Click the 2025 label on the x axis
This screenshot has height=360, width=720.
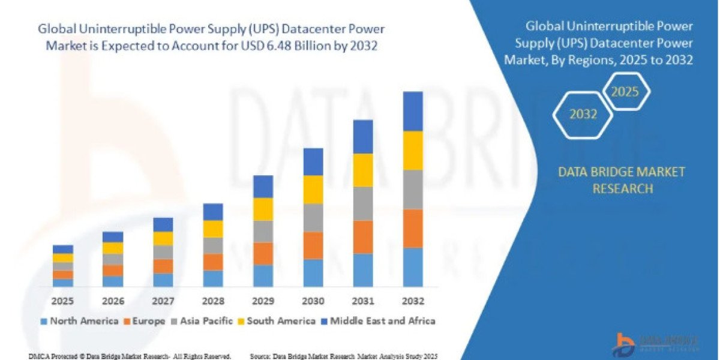(x=63, y=300)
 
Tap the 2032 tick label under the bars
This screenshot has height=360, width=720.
(x=413, y=300)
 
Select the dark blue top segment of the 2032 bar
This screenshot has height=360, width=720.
(x=413, y=111)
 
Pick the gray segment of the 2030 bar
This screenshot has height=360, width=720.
(x=313, y=218)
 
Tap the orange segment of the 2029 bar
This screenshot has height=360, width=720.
(x=263, y=254)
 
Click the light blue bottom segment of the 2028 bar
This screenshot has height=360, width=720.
(x=213, y=278)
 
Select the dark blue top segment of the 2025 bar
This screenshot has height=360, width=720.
(x=63, y=249)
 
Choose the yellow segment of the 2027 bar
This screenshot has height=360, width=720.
(x=163, y=238)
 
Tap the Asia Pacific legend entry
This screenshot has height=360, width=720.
(x=200, y=321)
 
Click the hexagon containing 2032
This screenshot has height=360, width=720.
(x=583, y=114)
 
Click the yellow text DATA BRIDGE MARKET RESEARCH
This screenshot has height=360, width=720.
(x=621, y=180)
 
